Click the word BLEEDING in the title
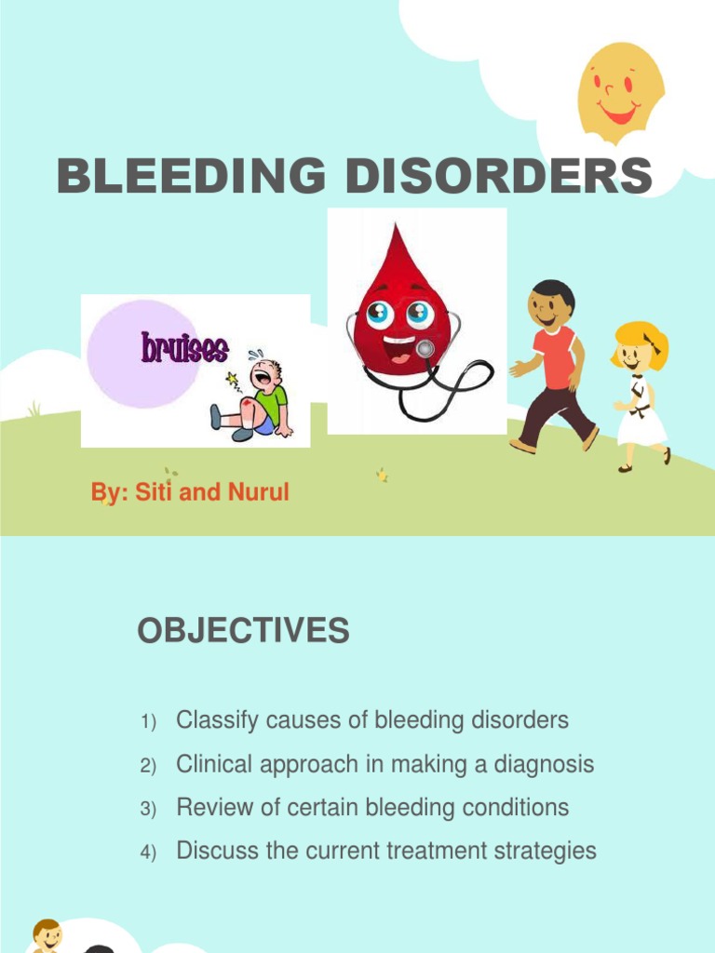(x=192, y=177)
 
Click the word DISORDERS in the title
(x=499, y=177)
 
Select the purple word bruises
(x=184, y=349)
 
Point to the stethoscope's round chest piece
(x=425, y=349)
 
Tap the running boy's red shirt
(x=556, y=358)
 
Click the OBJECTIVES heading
(x=243, y=632)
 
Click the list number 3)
(x=150, y=810)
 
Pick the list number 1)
(x=150, y=722)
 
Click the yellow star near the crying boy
(x=233, y=381)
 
